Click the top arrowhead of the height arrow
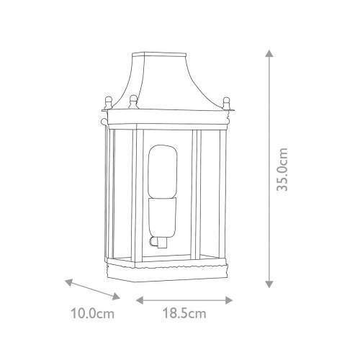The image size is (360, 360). coord(269,53)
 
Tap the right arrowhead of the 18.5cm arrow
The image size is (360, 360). coord(233,298)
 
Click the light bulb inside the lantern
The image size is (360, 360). coord(164,173)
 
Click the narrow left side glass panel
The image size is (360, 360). coord(108,194)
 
